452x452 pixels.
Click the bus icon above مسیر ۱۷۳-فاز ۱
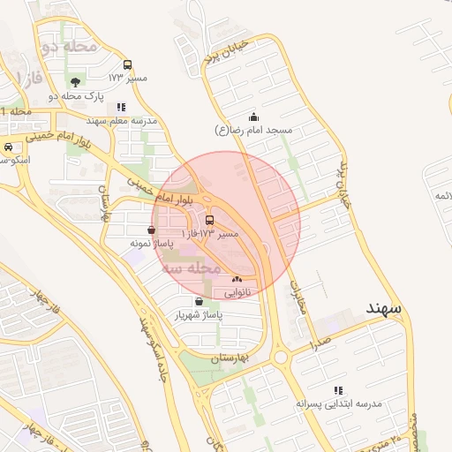[x=209, y=220]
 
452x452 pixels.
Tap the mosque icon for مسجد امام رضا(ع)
[x=254, y=117]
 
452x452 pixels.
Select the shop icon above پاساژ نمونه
[x=152, y=230]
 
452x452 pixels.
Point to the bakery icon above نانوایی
[x=237, y=278]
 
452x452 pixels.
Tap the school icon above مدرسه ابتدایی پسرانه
[x=337, y=389]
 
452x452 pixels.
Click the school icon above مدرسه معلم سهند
[x=121, y=107]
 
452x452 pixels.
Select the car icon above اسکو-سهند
[x=8, y=147]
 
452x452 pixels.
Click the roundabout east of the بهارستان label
[x=282, y=358]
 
